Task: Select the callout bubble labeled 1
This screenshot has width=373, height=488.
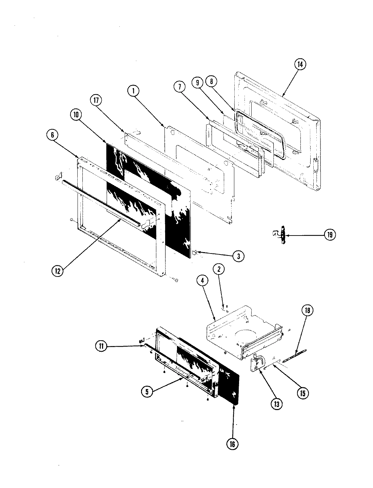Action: click(x=134, y=90)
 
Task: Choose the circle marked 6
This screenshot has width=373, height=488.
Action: click(x=53, y=135)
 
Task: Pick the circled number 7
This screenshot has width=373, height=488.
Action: click(x=180, y=87)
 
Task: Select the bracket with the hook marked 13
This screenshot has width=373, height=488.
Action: click(x=258, y=365)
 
